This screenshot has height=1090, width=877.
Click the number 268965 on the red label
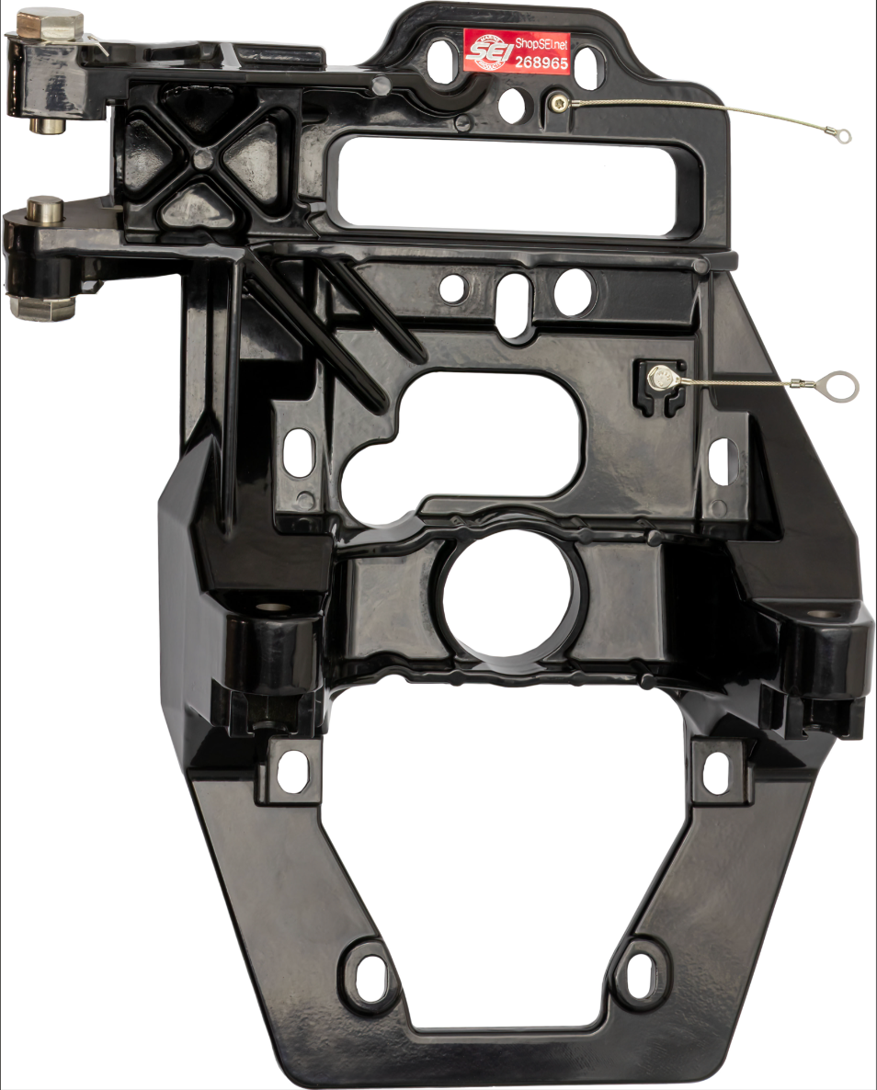point(541,63)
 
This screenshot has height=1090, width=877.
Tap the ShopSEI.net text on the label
point(541,40)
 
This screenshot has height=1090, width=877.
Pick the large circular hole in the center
point(511,596)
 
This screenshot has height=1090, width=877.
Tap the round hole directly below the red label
point(512,104)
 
